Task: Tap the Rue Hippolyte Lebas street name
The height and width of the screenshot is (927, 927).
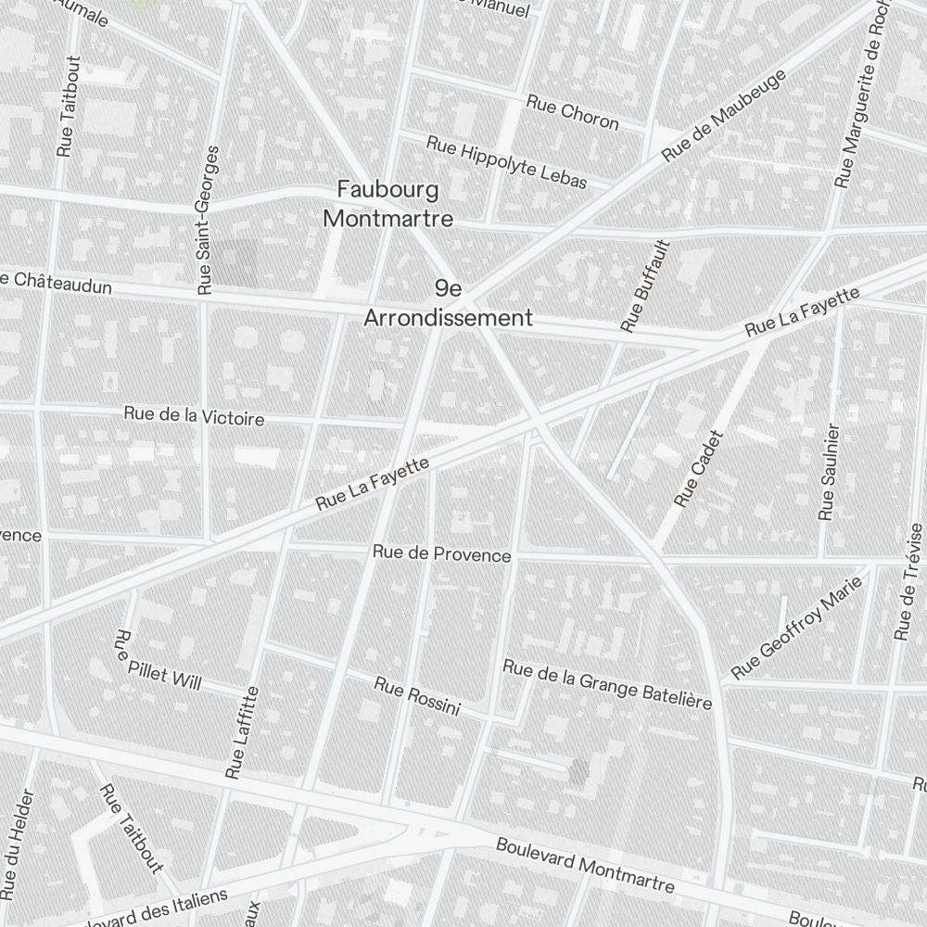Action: (x=506, y=161)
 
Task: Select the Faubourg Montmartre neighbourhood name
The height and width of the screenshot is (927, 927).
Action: (x=387, y=204)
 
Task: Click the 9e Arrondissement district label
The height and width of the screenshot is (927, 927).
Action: (x=448, y=304)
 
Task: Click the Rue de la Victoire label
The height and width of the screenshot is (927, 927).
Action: (x=194, y=416)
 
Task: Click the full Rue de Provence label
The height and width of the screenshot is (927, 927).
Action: (x=441, y=553)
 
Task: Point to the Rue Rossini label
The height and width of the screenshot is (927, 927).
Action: (x=417, y=696)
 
